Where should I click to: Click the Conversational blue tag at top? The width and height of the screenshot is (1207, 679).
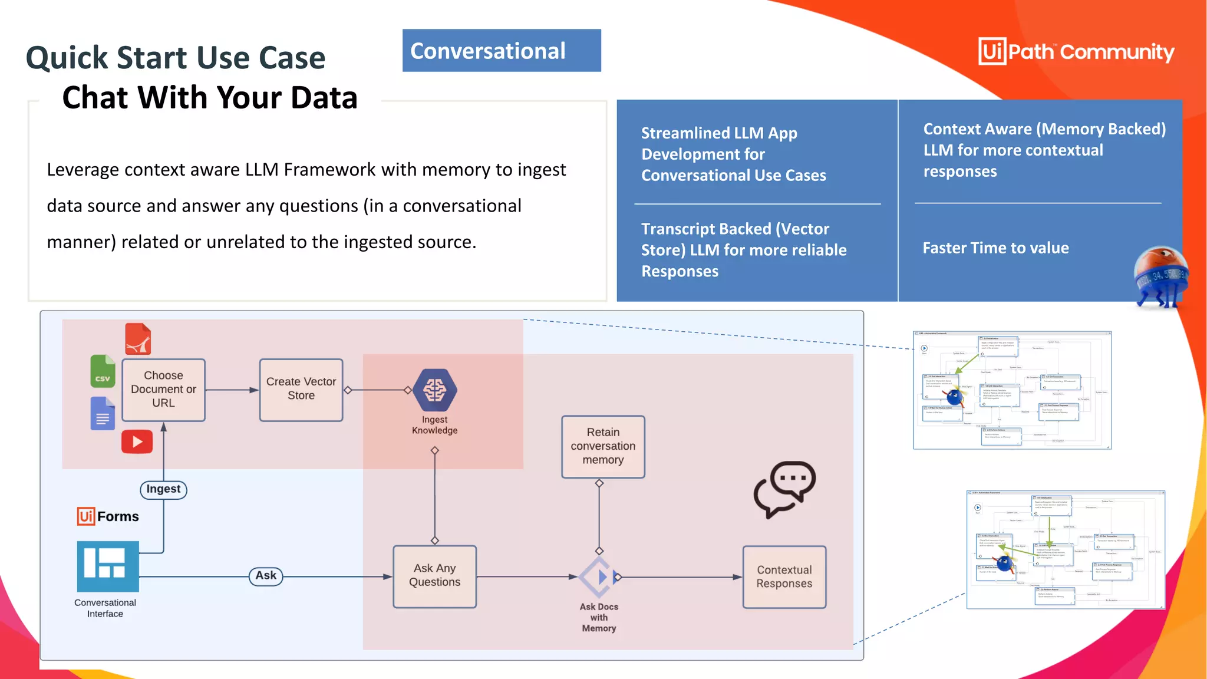(502, 51)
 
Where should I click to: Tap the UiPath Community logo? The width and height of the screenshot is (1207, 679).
(1076, 52)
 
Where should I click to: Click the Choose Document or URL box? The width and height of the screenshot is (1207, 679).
(163, 390)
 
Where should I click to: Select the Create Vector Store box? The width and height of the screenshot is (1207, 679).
(301, 390)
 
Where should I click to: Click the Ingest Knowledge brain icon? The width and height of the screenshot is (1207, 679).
(435, 390)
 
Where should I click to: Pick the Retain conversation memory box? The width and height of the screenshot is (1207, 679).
(603, 446)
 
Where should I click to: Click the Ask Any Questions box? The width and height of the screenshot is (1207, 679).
(435, 576)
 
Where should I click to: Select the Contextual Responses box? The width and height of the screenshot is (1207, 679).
(784, 576)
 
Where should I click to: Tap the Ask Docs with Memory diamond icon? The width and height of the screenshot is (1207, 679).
(599, 576)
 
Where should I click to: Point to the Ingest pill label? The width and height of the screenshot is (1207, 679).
(163, 489)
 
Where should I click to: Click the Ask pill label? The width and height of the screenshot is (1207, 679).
(266, 576)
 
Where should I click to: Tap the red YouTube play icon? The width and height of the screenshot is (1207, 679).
(137, 441)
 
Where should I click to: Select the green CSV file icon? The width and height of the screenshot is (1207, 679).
(103, 371)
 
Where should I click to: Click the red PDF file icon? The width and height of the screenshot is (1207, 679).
(138, 339)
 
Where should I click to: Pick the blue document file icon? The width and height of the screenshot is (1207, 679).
(103, 413)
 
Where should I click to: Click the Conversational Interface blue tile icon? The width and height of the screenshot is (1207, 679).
(108, 566)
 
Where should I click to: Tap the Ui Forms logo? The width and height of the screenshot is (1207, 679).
(108, 516)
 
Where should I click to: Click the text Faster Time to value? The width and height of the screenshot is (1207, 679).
(995, 248)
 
